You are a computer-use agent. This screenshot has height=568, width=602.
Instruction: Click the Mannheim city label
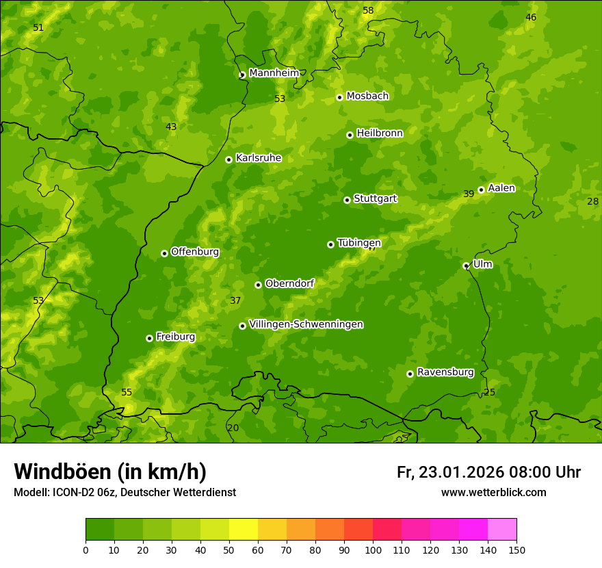click(274, 73)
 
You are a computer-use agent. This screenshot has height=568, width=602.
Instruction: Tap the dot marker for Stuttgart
click(347, 200)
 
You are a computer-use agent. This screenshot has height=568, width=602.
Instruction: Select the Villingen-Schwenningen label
click(306, 324)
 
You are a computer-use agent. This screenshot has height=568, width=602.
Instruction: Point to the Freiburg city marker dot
click(149, 338)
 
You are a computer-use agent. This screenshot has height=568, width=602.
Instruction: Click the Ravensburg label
click(445, 372)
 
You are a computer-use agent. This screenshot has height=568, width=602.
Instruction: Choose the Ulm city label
click(482, 264)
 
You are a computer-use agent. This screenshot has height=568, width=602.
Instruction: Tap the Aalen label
click(501, 188)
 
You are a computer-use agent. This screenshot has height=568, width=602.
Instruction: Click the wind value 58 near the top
click(368, 10)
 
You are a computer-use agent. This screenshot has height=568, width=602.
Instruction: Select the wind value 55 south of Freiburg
click(127, 392)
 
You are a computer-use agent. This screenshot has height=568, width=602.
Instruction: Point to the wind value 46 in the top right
click(531, 17)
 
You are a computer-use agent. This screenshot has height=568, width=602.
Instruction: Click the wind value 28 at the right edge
click(592, 201)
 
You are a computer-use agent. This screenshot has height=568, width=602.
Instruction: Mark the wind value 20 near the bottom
click(233, 428)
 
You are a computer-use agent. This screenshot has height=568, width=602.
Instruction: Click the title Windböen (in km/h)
click(109, 472)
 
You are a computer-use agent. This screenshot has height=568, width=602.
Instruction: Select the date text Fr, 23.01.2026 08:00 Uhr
click(488, 472)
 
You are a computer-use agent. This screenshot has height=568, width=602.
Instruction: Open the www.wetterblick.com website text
click(493, 492)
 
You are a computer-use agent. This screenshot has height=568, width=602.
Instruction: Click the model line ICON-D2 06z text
click(125, 492)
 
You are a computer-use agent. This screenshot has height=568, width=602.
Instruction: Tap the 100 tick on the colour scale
click(373, 550)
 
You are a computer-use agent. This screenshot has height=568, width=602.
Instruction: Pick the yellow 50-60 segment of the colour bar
click(244, 530)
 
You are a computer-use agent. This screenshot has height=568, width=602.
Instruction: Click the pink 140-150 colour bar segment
click(502, 530)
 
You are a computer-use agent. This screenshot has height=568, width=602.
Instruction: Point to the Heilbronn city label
click(380, 133)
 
